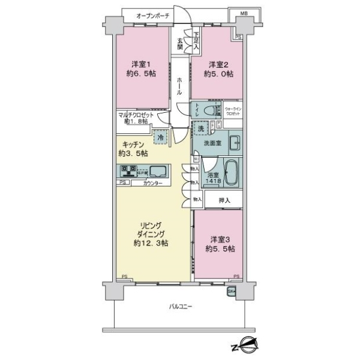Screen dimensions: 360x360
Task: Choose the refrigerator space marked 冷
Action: pos(160,137)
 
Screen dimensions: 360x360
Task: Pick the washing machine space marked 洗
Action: pos(200,128)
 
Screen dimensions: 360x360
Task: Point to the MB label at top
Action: pos(245,13)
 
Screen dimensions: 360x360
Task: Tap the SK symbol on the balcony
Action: pos(232,292)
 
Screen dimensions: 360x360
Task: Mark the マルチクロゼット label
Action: pos(136,117)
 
